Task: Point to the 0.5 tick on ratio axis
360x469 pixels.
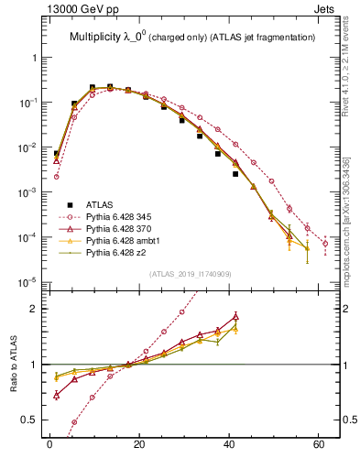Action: click(x=31, y=420)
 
